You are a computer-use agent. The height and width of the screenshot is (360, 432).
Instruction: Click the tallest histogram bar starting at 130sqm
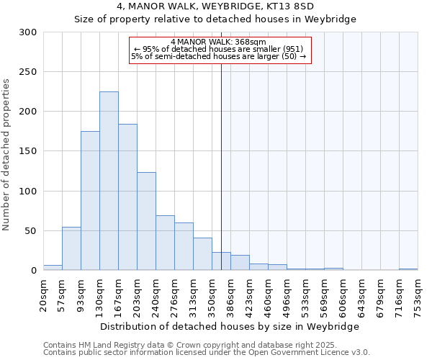click(x=109, y=181)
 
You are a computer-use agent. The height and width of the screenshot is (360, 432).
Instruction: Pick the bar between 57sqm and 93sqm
click(x=71, y=248)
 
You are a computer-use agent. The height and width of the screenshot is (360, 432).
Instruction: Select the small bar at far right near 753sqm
click(x=408, y=269)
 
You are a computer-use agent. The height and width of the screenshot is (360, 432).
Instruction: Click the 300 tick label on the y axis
click(x=28, y=32)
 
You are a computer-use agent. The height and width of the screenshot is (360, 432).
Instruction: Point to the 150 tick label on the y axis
click(x=28, y=151)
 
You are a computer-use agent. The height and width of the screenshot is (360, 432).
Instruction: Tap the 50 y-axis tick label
click(x=31, y=231)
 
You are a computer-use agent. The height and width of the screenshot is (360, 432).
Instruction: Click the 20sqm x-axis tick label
click(x=43, y=294)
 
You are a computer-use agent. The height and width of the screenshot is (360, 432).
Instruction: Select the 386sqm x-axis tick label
click(x=230, y=294)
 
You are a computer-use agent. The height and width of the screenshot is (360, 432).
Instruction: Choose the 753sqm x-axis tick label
click(x=418, y=294)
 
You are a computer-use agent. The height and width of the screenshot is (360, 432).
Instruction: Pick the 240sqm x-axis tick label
click(x=156, y=294)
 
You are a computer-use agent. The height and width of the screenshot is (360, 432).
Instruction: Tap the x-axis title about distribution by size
click(x=230, y=326)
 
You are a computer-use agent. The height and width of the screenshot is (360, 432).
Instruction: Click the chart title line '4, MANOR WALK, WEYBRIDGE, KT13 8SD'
click(x=215, y=6)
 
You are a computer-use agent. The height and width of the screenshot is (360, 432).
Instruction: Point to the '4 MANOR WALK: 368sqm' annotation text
click(x=220, y=42)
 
